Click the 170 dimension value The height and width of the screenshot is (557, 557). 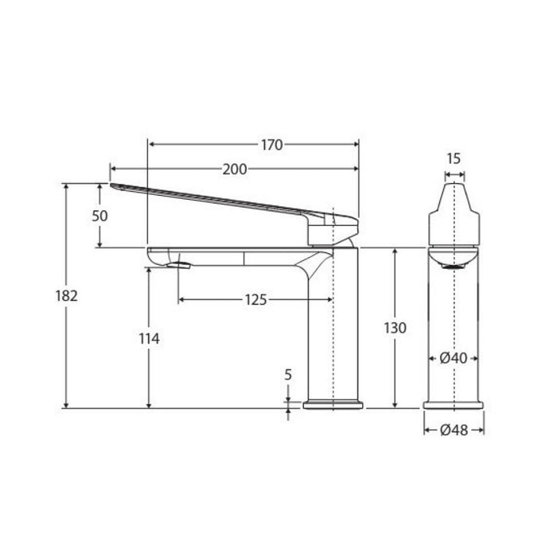pos(272,145)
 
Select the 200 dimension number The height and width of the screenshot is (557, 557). pos(235,169)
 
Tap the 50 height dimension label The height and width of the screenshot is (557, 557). pos(99,216)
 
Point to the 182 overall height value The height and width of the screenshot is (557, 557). pos(66,295)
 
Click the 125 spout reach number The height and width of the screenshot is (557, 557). pos(255,300)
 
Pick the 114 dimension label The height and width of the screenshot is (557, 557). pos(150,339)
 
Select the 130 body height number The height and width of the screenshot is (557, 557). pos(395,328)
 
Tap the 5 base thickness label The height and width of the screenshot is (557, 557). pos(288,375)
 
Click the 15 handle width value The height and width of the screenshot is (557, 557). pos(454,159)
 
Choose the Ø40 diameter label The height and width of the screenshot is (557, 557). pos(454,358)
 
